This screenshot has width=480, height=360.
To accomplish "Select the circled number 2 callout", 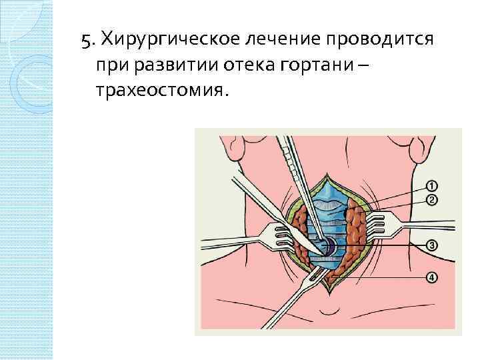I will coord(431,200).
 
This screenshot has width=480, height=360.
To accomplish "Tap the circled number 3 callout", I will coord(432,246).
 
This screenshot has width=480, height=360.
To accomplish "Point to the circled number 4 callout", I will coord(432,278).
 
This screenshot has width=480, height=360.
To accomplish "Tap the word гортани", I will coord(323,65).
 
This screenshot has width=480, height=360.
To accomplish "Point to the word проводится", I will coord(379,40).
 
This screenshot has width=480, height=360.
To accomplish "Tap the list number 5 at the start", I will coord(85,40).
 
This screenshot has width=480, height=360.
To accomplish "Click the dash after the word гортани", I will coord(361,65).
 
